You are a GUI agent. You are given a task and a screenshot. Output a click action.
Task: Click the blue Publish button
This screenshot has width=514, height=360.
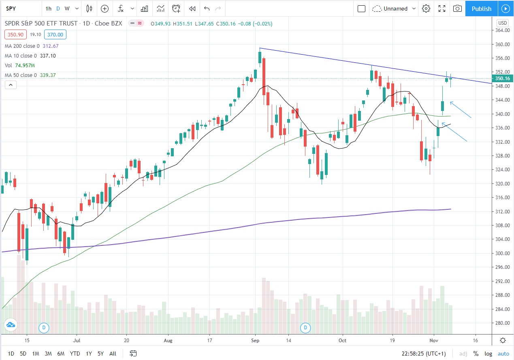coord(481,9)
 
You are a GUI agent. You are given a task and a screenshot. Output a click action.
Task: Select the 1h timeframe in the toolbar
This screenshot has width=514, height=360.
coord(48,9)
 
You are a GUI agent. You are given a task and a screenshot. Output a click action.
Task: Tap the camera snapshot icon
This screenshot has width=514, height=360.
coord(457,9)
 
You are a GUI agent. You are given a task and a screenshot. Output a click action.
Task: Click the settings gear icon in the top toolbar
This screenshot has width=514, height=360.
coord(426,9)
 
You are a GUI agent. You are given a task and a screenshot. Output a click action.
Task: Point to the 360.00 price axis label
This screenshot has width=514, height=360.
coord(502,44)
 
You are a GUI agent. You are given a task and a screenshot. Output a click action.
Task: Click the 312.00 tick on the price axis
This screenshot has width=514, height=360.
coord(502,211)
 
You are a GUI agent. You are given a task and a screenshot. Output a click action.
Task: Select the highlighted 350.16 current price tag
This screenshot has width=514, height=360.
coord(502,79)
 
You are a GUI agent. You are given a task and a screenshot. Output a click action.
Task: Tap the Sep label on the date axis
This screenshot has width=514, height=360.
coord(255,341)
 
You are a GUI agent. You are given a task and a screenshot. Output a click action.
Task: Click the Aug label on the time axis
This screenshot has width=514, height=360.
coord(168,341)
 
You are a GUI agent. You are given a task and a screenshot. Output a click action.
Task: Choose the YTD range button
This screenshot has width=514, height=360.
coord(75,354)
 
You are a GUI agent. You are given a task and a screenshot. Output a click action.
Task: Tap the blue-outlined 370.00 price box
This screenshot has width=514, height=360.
coord(55,35)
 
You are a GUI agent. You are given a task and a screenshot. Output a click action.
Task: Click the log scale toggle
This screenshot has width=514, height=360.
coord(488,354)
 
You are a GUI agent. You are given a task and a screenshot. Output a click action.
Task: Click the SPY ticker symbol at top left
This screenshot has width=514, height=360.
coord(11,9)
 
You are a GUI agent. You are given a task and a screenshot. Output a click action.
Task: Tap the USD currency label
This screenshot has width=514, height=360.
coord(503,23)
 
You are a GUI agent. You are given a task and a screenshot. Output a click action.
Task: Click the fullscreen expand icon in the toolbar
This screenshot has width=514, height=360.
coord(442,9)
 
